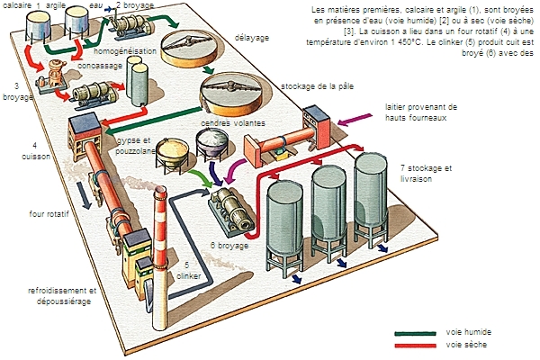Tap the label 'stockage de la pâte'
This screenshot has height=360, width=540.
[316, 87]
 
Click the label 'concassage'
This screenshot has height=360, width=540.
[102, 65]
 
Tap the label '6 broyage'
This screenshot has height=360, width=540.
[230, 244]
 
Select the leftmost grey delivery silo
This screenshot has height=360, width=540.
[287, 220]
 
